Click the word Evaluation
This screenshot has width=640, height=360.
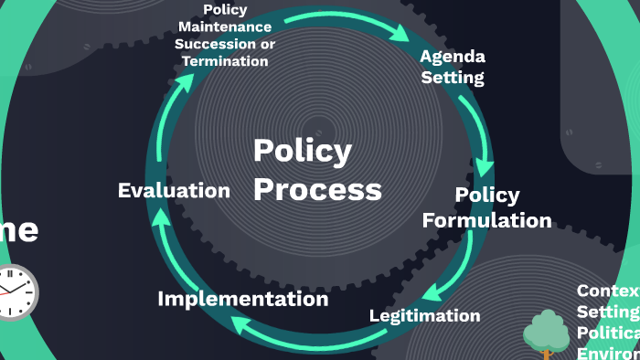174,191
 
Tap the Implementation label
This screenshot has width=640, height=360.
242,299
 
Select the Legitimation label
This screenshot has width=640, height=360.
424,316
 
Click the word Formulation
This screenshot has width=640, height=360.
486,220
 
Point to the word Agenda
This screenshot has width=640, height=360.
452,57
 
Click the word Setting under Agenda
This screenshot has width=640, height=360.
453,78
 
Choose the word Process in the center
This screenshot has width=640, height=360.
316,189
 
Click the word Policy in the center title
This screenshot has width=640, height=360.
302,152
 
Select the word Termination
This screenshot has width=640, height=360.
225,61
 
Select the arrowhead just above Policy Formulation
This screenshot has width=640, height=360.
485,168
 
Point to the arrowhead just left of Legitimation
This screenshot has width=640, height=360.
436,292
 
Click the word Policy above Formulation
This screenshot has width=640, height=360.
486,196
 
